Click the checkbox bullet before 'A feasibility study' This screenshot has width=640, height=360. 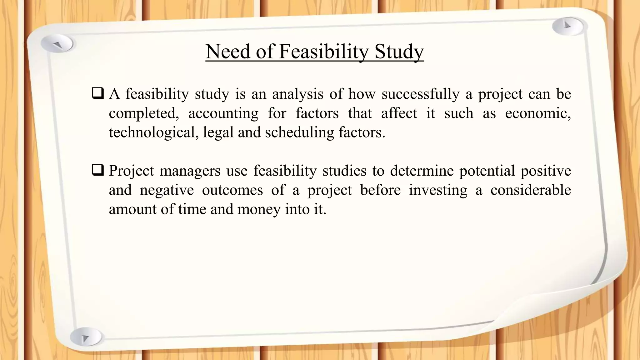click(98, 94)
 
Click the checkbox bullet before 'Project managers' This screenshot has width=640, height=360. click(98, 171)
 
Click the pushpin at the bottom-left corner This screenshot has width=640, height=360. click(85, 337)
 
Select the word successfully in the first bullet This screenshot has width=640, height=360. click(420, 94)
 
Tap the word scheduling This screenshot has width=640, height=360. click(299, 132)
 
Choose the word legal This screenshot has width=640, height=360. click(218, 132)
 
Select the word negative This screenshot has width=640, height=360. click(167, 190)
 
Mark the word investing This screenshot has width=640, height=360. click(438, 190)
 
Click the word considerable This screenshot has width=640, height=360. click(530, 190)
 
